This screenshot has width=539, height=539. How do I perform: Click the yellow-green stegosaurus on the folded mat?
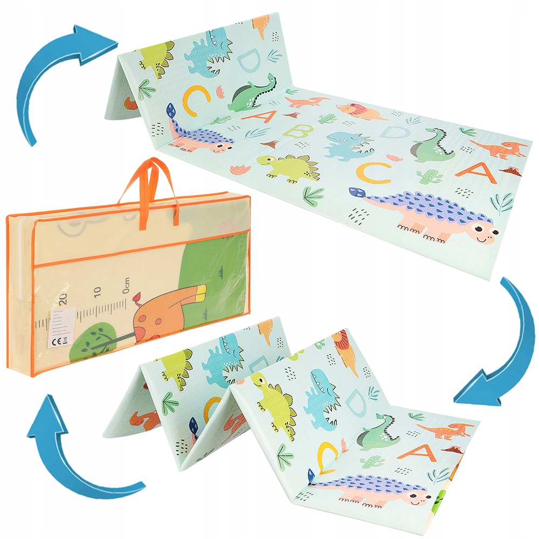coord(275,402)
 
